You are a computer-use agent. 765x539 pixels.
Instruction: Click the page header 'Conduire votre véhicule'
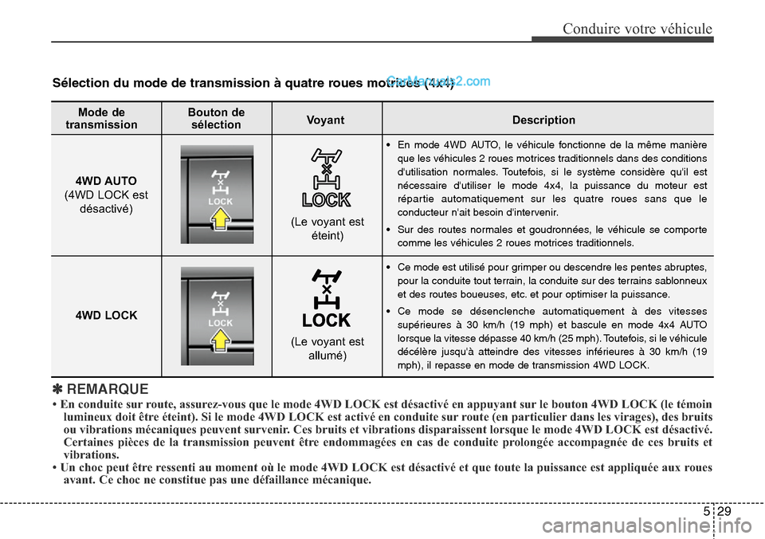tap(637, 29)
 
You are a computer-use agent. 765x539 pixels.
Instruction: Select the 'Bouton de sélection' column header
tap(216, 119)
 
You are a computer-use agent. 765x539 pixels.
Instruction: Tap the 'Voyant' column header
tap(326, 120)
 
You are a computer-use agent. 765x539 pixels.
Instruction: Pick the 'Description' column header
tap(543, 120)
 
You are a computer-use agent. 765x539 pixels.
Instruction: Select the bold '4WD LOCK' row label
tap(106, 316)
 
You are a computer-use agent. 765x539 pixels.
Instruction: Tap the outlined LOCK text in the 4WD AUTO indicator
tap(326, 199)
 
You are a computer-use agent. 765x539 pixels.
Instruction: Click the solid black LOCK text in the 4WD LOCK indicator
tap(326, 321)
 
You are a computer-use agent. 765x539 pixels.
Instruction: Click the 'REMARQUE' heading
tap(108, 389)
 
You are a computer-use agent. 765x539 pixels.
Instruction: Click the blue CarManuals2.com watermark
tap(437, 81)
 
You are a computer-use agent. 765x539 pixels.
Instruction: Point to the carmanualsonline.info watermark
tap(637, 525)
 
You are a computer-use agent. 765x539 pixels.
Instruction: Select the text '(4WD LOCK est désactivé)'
tap(106, 202)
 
